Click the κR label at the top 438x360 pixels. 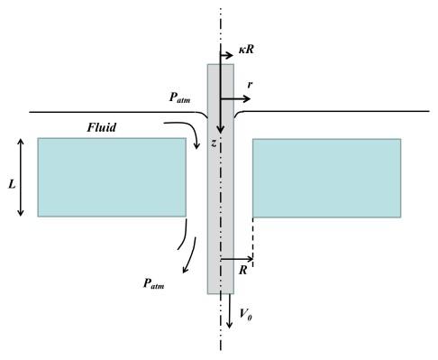246,44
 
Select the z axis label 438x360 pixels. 214,143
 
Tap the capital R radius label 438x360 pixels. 242,269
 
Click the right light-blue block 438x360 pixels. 326,177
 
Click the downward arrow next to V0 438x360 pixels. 229,311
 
